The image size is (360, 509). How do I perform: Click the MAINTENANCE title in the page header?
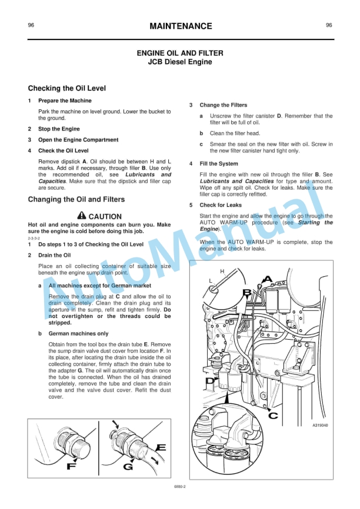coord(180,26)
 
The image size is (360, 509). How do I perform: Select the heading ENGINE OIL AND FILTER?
coord(179,53)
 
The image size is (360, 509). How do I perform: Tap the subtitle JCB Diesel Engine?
coord(179,62)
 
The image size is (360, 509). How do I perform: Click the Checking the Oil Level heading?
coord(67,89)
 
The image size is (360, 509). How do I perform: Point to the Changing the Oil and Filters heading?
coord(76,200)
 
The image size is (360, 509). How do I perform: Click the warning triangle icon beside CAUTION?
coord(81,216)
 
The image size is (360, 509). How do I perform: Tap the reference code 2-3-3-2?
coord(34,239)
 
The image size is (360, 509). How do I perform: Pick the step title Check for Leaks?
coord(221,205)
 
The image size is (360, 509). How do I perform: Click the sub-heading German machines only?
coord(78,333)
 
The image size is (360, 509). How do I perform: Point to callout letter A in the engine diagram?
coord(268,279)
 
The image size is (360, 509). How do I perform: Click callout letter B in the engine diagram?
coord(248,292)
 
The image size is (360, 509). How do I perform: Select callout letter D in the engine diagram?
coord(210,382)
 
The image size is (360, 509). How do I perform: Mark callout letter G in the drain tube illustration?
coord(128,468)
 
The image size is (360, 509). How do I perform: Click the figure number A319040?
coord(316,425)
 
